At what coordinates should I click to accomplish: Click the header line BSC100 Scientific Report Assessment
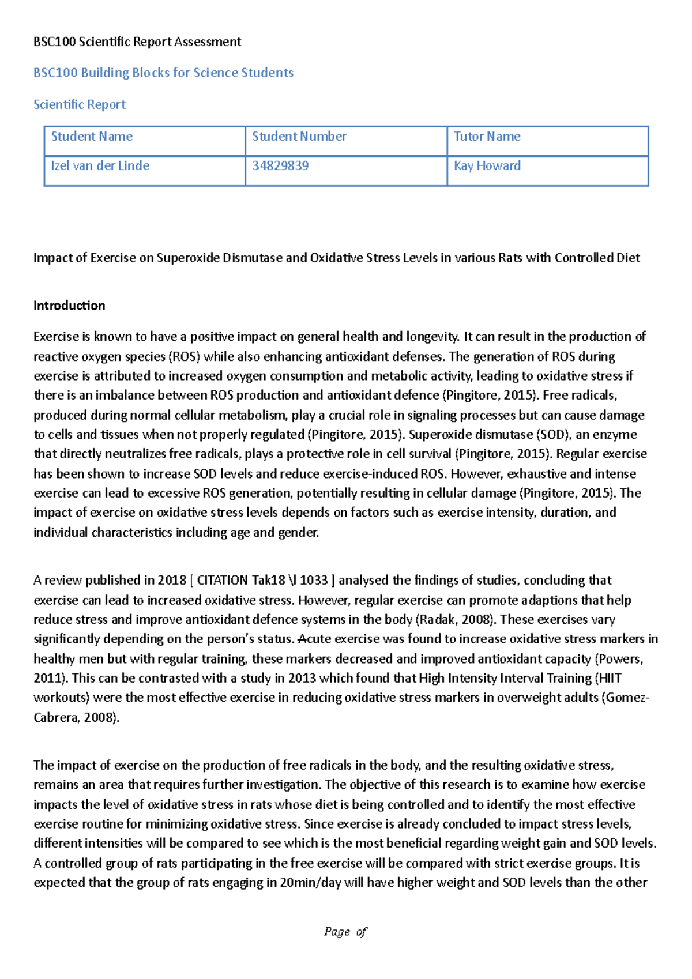click(137, 42)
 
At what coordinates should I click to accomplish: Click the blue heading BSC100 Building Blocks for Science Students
click(163, 73)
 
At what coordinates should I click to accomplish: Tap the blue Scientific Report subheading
click(80, 104)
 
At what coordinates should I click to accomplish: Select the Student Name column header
click(92, 137)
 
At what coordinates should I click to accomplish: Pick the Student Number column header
click(299, 137)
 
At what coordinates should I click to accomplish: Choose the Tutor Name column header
click(487, 137)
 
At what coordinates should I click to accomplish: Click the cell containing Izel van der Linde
click(100, 166)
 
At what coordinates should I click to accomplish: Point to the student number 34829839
click(280, 166)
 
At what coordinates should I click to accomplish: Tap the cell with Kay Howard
click(487, 166)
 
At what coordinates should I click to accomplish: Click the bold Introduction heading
click(69, 306)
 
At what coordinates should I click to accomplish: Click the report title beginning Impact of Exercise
click(336, 258)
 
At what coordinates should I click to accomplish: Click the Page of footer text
click(345, 932)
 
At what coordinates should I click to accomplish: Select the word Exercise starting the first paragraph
click(55, 337)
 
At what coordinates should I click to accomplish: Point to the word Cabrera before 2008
click(56, 718)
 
